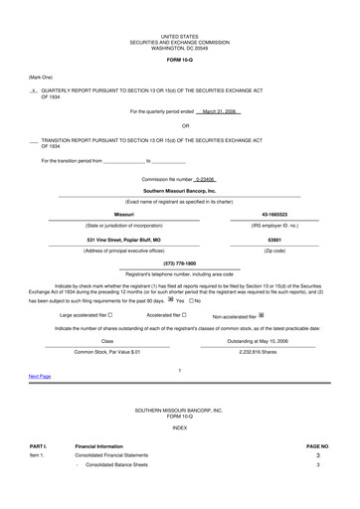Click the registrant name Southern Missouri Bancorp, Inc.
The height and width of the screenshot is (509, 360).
pyautogui.click(x=179, y=189)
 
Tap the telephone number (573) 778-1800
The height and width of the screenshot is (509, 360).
pyautogui.click(x=179, y=262)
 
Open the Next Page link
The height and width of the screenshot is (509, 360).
pyautogui.click(x=40, y=377)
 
